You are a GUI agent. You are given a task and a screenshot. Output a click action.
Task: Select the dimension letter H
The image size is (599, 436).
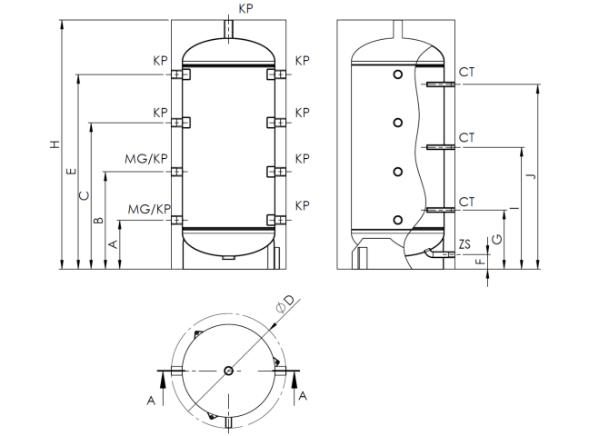pyautogui.click(x=54, y=145)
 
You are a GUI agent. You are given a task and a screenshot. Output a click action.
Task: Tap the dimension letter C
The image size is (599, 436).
pyautogui.click(x=85, y=195)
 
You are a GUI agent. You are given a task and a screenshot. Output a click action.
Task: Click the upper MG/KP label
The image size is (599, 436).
pyautogui.click(x=147, y=159)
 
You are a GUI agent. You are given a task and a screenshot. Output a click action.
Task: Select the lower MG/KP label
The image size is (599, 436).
pyautogui.click(x=148, y=209)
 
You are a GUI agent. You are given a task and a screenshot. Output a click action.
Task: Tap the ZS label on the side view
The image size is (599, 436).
pyautogui.click(x=465, y=244)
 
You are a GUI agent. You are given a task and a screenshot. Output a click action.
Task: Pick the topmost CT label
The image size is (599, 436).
pyautogui.click(x=467, y=72)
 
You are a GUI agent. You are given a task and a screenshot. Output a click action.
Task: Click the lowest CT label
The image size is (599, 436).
pyautogui.click(x=467, y=201)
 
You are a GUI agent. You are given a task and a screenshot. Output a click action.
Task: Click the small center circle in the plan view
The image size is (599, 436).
pyautogui.click(x=227, y=370)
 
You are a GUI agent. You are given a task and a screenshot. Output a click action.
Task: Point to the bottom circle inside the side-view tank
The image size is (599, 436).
pyautogui.click(x=397, y=218)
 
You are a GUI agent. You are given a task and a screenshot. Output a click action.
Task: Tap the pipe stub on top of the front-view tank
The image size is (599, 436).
pyautogui.click(x=228, y=28)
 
